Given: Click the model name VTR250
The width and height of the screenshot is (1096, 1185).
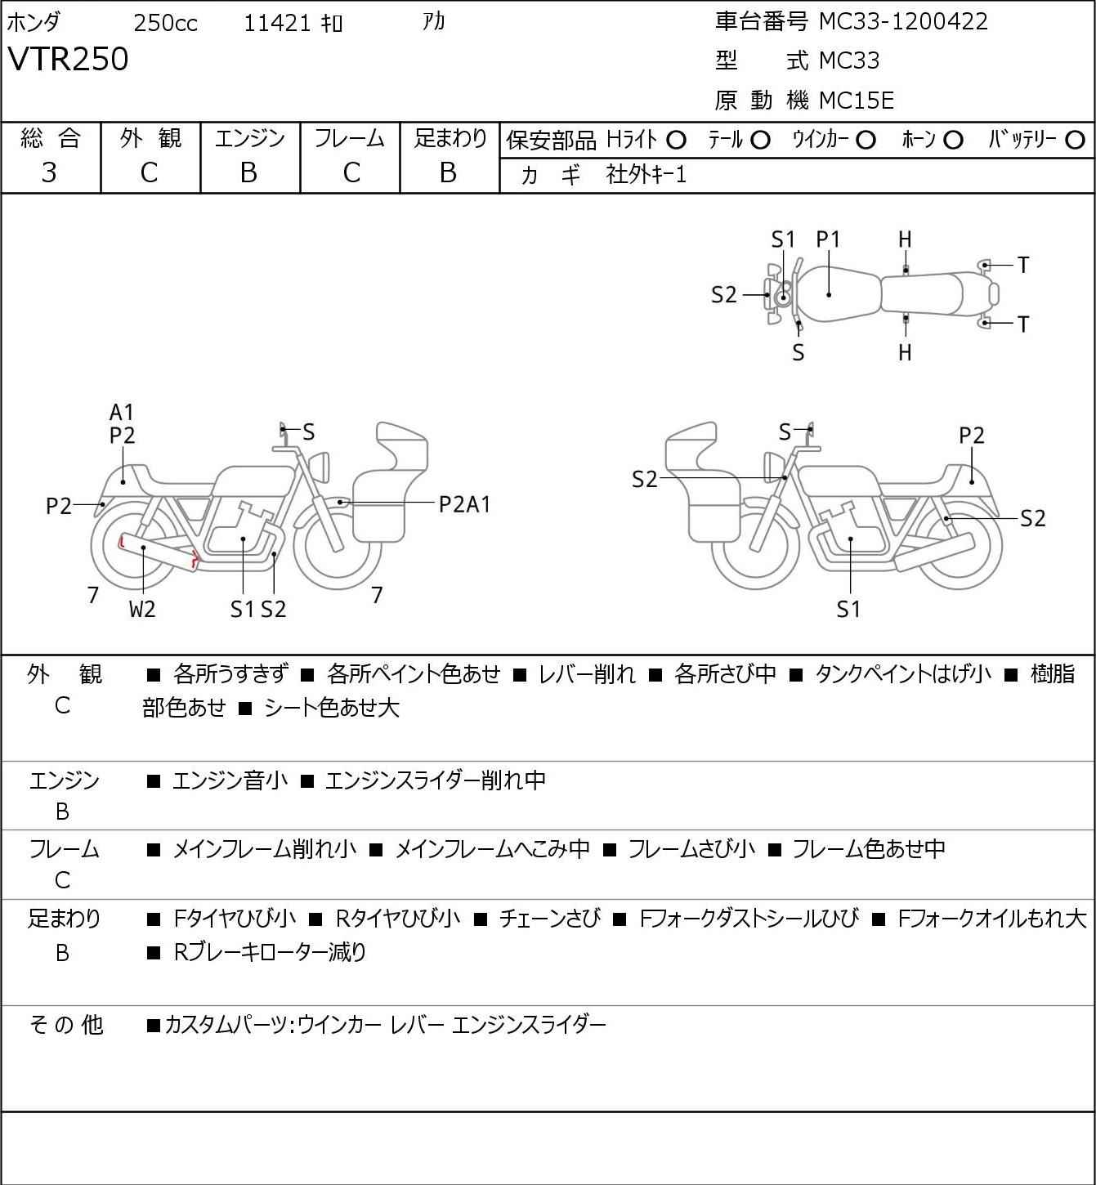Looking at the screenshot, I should point(68,60).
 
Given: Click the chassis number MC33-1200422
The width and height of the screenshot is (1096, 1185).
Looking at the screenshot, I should point(903,21).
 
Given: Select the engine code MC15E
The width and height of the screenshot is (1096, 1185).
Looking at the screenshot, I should point(856,101).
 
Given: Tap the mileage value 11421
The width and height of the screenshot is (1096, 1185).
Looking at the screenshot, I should point(277,23).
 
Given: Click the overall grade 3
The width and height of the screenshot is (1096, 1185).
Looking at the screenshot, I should point(49,172).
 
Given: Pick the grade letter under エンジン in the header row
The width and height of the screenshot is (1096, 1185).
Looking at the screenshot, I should point(249,172).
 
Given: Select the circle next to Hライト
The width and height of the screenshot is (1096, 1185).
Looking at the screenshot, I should point(676,141).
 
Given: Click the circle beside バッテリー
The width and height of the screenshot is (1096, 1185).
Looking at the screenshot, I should point(1076,141).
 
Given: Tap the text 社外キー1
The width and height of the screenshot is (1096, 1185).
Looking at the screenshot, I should point(646,174).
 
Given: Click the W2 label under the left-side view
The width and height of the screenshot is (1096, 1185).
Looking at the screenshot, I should point(141,609).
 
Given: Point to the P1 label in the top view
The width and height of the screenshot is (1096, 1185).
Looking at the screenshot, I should point(829,239).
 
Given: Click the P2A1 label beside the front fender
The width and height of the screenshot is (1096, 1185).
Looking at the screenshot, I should point(464,504).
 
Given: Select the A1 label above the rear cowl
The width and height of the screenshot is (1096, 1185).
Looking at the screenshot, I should point(122,412).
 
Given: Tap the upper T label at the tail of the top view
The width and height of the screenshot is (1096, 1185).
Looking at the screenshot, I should point(1022,265).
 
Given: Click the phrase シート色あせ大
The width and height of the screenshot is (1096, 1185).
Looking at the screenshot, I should point(332,708).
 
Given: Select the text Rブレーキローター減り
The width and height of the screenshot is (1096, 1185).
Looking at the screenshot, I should point(270,952).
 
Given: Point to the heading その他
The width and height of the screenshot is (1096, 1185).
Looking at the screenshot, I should point(65,1024).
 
